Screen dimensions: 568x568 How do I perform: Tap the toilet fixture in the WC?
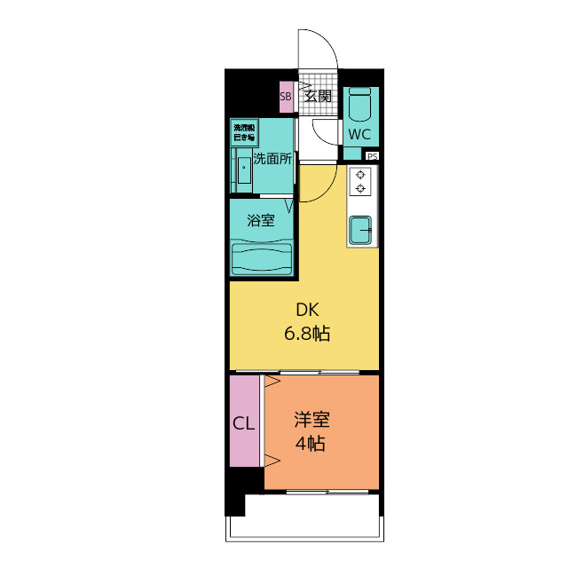pos(359,106)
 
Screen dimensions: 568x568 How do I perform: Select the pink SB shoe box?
pos(286,97)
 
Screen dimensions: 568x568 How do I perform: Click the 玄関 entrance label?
pos(318,96)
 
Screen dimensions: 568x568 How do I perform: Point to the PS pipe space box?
pos(372,156)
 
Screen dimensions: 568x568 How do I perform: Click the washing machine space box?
pos(244,133)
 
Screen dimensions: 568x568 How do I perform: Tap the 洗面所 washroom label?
pos(272,160)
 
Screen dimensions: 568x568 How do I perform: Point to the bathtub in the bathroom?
pos(262,258)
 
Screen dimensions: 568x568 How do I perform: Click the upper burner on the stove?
pos(361,174)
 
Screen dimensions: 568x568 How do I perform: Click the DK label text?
pos(306,310)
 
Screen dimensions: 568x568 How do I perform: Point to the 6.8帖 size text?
pos(307,334)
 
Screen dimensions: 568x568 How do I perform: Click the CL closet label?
pos(243,423)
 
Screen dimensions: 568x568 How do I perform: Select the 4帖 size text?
pos(311,443)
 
